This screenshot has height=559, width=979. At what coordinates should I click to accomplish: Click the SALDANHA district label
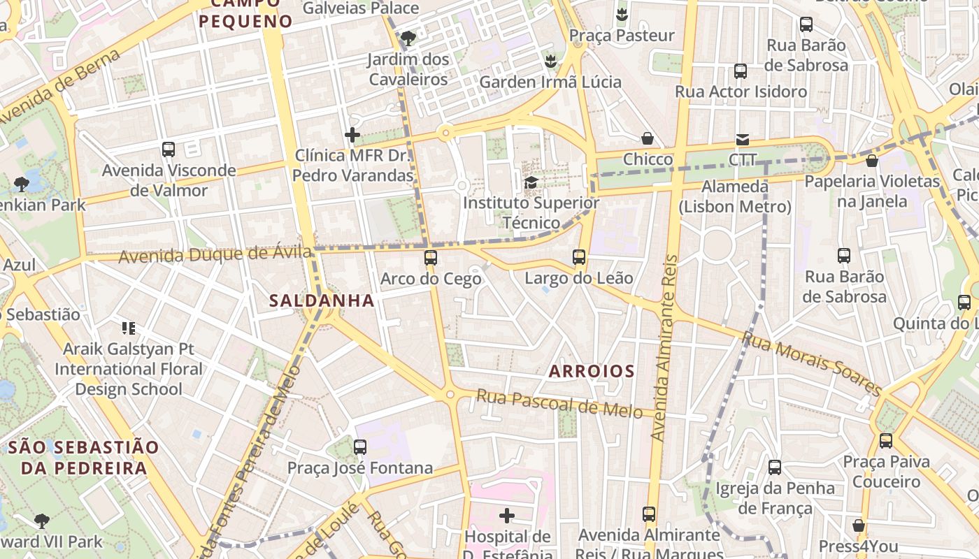[322, 300]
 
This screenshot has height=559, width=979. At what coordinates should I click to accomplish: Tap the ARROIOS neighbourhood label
[592, 371]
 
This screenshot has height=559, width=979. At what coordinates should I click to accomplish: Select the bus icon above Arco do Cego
[431, 258]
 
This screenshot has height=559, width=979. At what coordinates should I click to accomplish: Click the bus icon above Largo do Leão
[579, 257]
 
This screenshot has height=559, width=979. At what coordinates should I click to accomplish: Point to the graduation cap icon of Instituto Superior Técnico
[531, 183]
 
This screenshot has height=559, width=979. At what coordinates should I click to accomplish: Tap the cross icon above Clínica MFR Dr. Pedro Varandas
[352, 135]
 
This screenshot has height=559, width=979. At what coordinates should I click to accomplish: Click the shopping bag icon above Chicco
[648, 138]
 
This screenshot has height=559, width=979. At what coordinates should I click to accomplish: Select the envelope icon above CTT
[742, 140]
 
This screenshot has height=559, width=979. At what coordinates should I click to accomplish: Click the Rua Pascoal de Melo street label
[559, 404]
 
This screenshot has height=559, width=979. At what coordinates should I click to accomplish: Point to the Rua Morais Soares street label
[811, 363]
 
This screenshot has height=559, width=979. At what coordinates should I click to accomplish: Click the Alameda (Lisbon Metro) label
[735, 197]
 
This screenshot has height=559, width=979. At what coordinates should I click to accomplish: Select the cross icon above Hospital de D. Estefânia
[507, 516]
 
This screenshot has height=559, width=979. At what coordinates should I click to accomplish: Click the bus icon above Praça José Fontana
[360, 447]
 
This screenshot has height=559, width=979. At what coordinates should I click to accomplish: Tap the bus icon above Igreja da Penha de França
[775, 467]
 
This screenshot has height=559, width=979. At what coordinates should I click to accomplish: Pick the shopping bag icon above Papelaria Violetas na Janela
[871, 161]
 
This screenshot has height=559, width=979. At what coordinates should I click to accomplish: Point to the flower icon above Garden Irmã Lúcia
[551, 61]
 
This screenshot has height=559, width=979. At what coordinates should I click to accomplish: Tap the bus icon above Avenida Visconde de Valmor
[169, 149]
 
